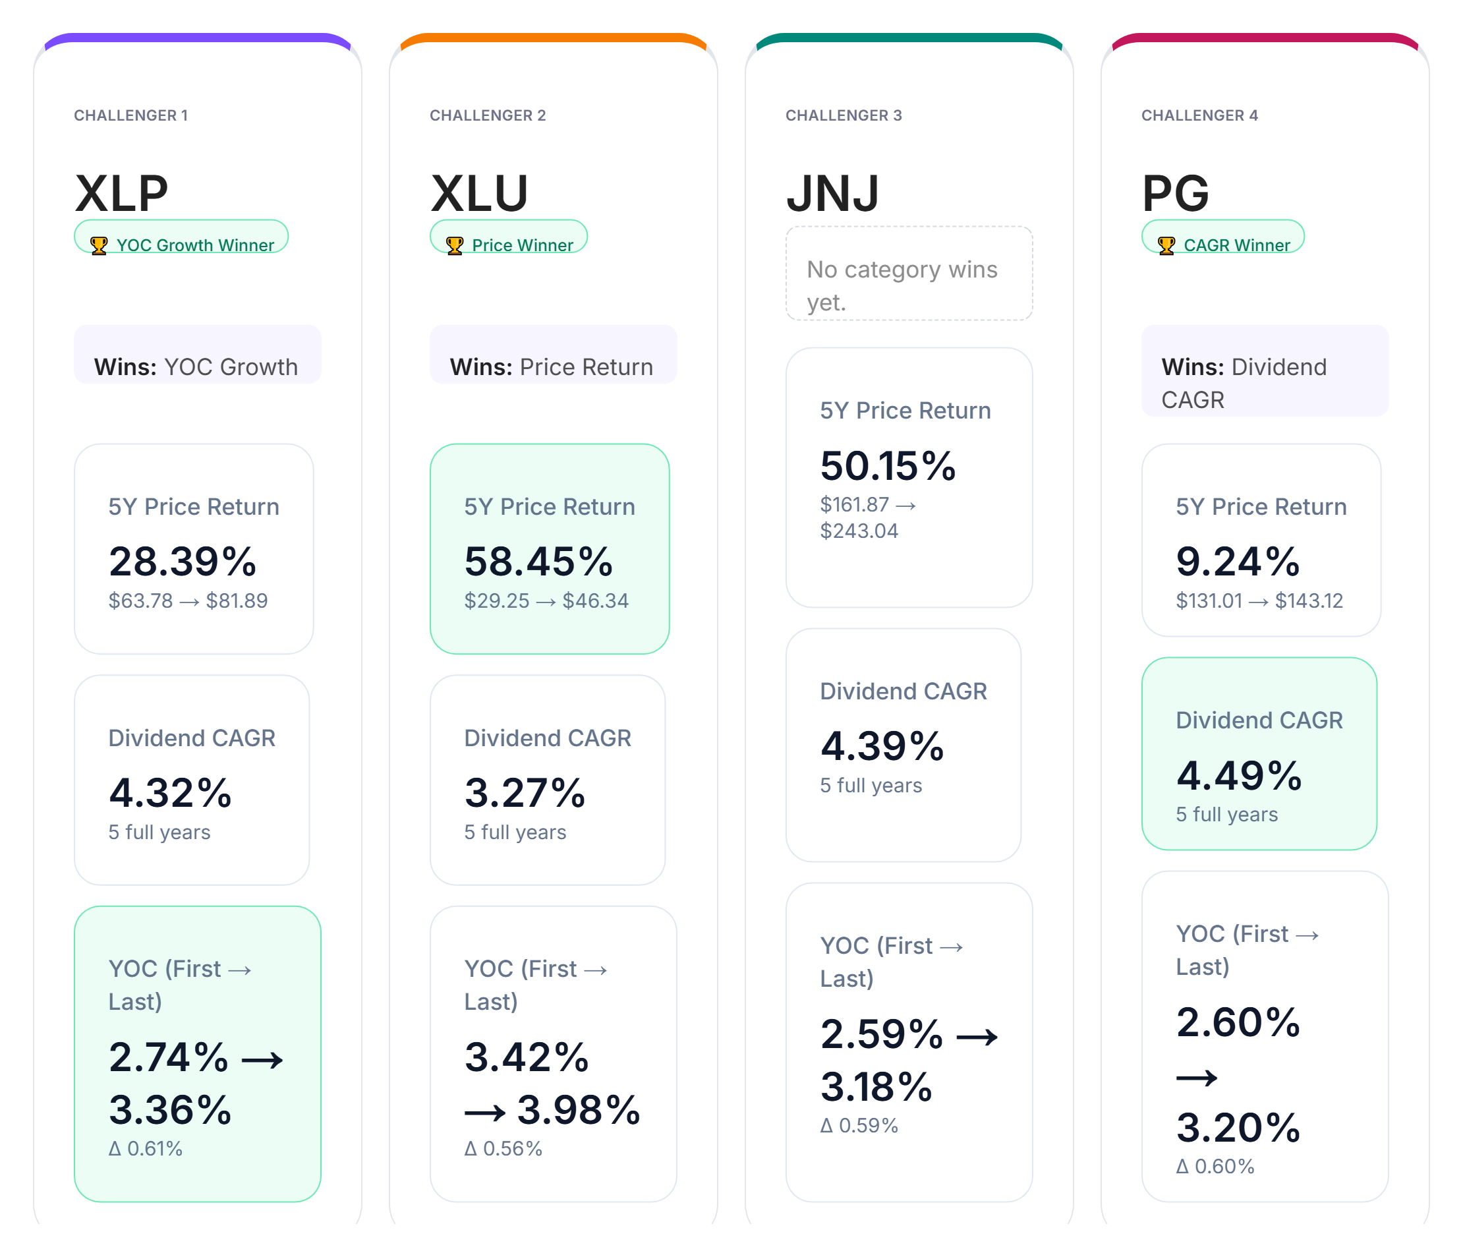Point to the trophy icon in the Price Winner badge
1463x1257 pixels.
tap(455, 245)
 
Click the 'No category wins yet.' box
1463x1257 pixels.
tap(909, 274)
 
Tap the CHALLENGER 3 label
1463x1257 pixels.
tap(844, 115)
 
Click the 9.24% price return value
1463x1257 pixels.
tap(1238, 562)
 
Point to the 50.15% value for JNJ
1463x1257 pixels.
tap(888, 465)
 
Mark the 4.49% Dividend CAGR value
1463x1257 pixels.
tap(1239, 775)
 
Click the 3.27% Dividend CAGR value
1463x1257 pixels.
tap(525, 792)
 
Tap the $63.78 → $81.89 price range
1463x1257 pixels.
tap(188, 601)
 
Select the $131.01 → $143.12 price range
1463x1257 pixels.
tap(1259, 601)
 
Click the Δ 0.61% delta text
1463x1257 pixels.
tap(146, 1149)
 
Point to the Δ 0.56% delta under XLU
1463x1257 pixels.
tap(503, 1149)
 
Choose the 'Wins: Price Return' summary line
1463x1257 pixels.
tap(552, 366)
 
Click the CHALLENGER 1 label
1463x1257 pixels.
tap(131, 115)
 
